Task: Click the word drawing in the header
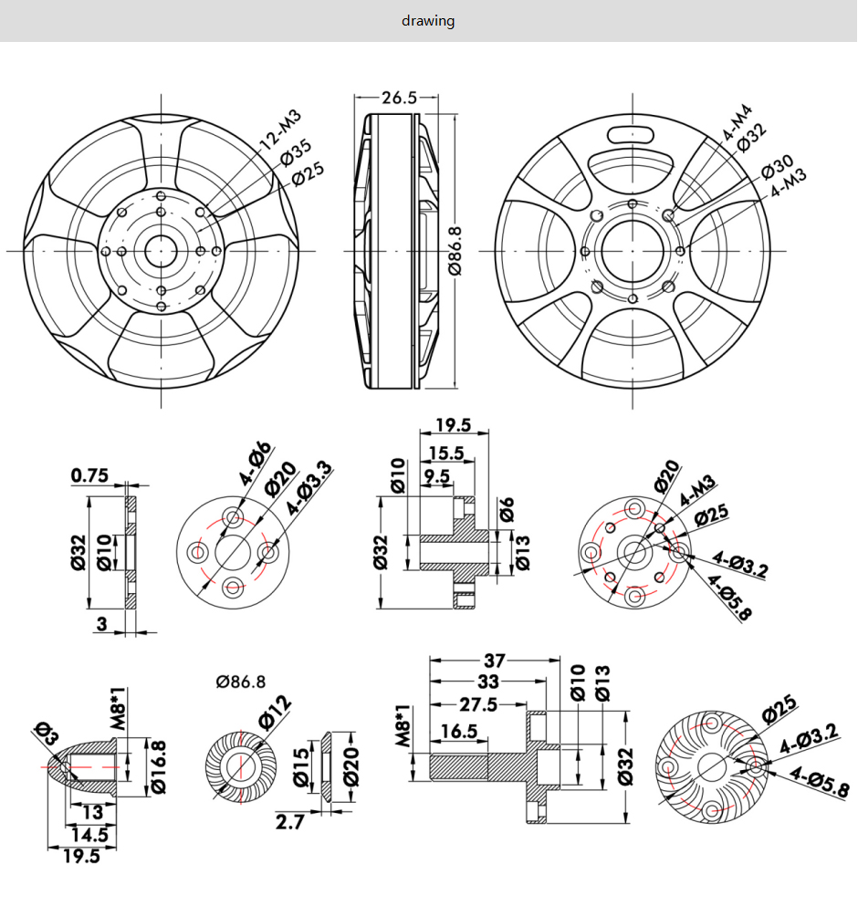(428, 20)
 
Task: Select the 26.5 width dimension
(399, 98)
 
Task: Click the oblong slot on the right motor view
(633, 134)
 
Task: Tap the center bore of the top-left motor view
(162, 249)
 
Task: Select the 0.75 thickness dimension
(90, 474)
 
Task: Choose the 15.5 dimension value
(446, 453)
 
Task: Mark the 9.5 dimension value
(436, 475)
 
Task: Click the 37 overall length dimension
(495, 661)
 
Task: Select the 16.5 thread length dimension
(458, 731)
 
